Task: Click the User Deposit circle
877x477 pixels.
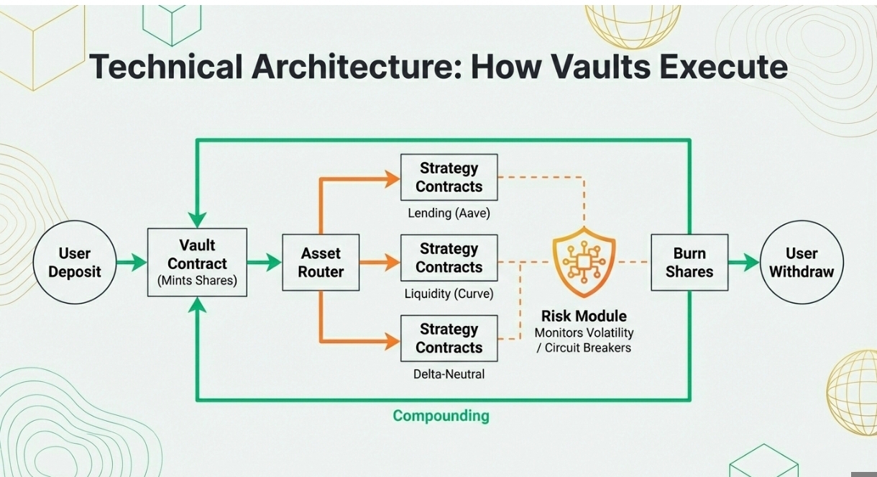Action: [74, 263]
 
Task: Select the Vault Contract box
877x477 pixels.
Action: [197, 263]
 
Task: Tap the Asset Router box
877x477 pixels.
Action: [321, 263]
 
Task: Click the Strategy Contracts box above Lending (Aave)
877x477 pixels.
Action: [449, 177]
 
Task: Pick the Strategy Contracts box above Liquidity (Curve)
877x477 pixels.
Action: [449, 258]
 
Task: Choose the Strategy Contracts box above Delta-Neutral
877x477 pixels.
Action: [449, 338]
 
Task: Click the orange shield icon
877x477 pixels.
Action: [584, 263]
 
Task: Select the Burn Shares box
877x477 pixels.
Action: [689, 263]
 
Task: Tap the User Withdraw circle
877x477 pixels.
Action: [802, 263]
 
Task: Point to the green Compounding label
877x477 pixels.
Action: [441, 416]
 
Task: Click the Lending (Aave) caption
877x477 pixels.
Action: [449, 213]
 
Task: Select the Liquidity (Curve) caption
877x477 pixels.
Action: [449, 294]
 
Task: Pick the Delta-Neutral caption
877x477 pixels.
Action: [449, 374]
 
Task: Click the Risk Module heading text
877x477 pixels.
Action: [584, 316]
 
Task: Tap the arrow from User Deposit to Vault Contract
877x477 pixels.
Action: [132, 263]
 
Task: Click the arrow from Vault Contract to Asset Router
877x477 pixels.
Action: [264, 263]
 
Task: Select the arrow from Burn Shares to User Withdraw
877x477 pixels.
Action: [744, 263]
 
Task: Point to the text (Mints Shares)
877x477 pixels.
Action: [197, 281]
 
